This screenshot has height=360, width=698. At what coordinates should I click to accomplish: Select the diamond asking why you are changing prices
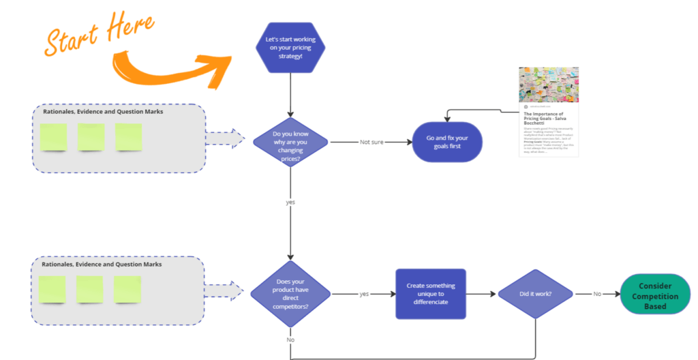pyautogui.click(x=290, y=142)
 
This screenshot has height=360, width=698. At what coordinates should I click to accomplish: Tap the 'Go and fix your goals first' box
pyautogui.click(x=448, y=142)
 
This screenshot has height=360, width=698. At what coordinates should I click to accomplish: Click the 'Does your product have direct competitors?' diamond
pyautogui.click(x=290, y=294)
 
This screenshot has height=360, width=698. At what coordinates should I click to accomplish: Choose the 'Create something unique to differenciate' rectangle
pyautogui.click(x=431, y=294)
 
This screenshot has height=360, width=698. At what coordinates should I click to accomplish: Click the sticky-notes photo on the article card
pyautogui.click(x=549, y=85)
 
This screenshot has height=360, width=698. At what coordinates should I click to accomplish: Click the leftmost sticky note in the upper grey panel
pyautogui.click(x=54, y=137)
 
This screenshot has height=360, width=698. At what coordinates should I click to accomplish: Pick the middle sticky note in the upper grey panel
pyautogui.click(x=91, y=137)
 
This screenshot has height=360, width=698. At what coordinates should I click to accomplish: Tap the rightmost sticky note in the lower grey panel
pyautogui.click(x=127, y=289)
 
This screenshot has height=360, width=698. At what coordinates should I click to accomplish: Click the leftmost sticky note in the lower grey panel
pyautogui.click(x=52, y=289)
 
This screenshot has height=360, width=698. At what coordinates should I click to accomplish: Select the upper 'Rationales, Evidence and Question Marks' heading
pyautogui.click(x=103, y=112)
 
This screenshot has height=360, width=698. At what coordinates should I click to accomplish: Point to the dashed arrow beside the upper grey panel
pyautogui.click(x=224, y=138)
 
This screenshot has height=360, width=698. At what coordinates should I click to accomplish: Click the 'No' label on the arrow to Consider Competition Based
pyautogui.click(x=596, y=294)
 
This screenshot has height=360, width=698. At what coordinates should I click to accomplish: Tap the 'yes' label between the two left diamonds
pyautogui.click(x=290, y=202)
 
